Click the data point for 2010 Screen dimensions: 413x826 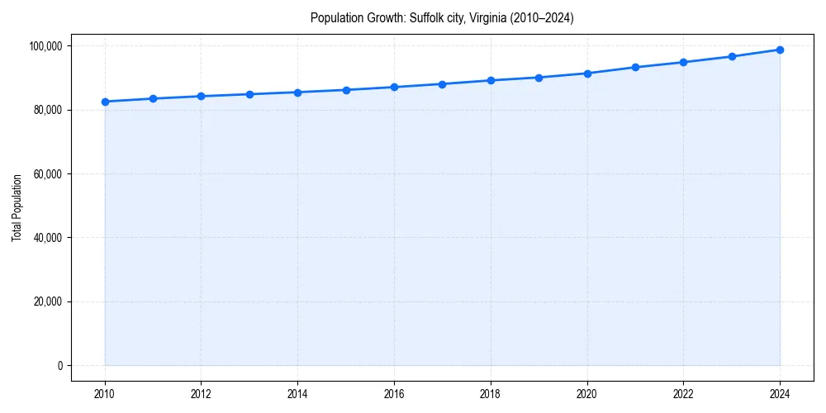[105, 102]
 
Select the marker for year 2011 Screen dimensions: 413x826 [153, 98]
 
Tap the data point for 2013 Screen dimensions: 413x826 [249, 94]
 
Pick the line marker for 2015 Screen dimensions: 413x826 [346, 90]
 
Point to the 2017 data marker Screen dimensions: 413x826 [442, 84]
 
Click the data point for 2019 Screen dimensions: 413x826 [539, 78]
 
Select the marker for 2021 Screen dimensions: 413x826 [635, 67]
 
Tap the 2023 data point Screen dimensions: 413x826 [732, 56]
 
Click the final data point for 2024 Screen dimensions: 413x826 [780, 50]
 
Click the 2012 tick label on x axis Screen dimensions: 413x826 [201, 394]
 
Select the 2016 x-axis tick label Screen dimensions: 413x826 [394, 394]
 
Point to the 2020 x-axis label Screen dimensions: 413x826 [587, 394]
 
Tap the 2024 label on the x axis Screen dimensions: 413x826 [780, 394]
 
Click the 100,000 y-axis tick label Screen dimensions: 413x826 [45, 46]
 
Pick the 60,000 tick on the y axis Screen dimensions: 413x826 [47, 174]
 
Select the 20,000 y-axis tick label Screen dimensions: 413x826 [47, 301]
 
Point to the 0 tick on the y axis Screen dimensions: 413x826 [59, 366]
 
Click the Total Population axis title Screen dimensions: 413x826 [17, 207]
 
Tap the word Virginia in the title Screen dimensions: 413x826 [489, 17]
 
